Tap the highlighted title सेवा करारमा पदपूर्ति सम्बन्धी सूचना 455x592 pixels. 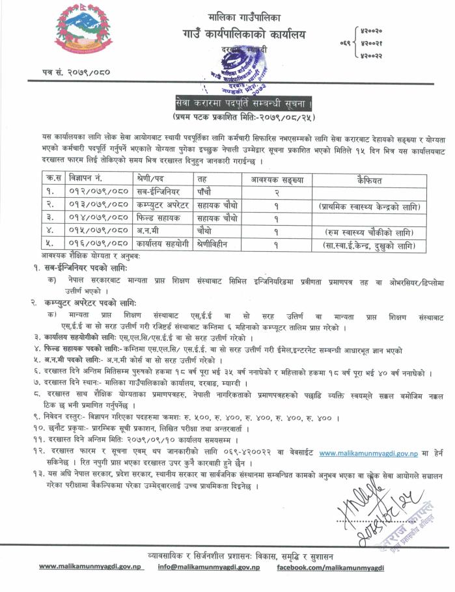[243, 103]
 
